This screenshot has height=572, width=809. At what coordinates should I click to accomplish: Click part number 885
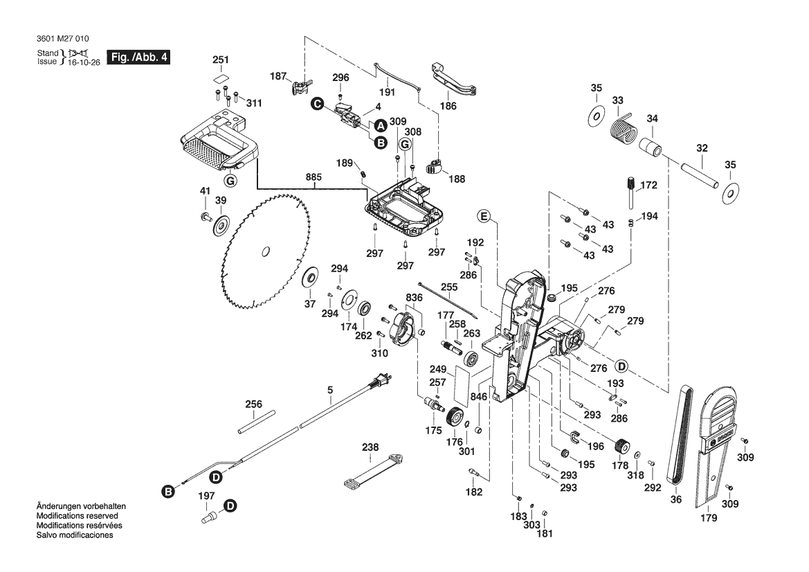tap(313, 177)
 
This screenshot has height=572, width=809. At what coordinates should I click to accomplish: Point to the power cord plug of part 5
tap(383, 380)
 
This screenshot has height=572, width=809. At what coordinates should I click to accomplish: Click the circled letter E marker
tap(484, 217)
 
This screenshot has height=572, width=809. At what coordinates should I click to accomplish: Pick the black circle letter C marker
tap(317, 103)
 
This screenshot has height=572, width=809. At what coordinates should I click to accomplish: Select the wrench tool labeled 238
tap(372, 470)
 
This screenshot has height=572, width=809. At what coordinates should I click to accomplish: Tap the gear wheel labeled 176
tap(455, 418)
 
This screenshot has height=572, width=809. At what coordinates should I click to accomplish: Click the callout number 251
tap(220, 61)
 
